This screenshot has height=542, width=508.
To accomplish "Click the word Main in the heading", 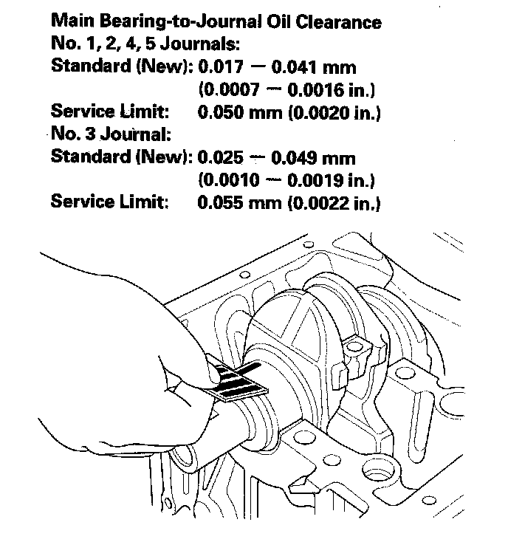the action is point(72,21).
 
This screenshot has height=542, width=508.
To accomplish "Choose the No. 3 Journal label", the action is point(111,135).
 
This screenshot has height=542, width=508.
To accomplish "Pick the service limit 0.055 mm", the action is point(236,202).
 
